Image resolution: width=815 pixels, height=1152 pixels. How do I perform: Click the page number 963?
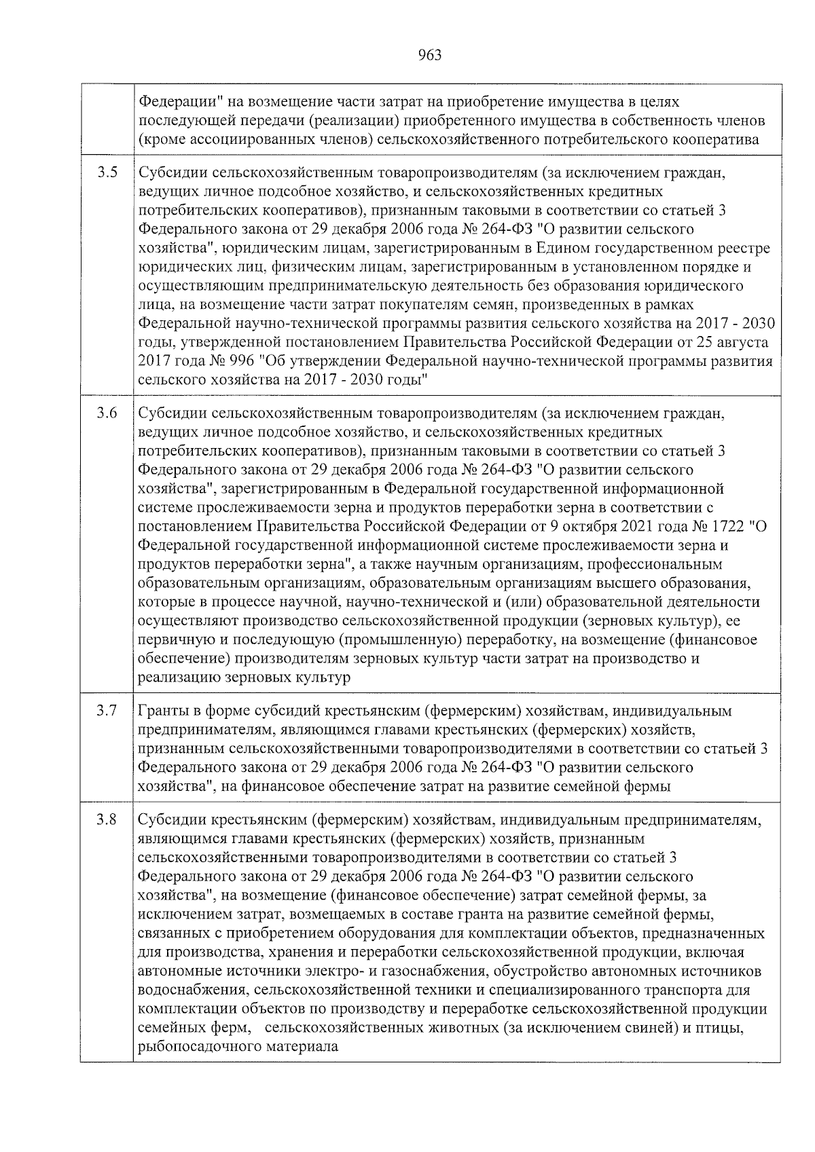(x=429, y=55)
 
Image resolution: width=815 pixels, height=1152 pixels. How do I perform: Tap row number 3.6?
(x=107, y=413)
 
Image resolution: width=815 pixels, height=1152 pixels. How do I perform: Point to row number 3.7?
(x=107, y=711)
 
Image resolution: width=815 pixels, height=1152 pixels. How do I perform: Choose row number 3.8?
(x=107, y=820)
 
